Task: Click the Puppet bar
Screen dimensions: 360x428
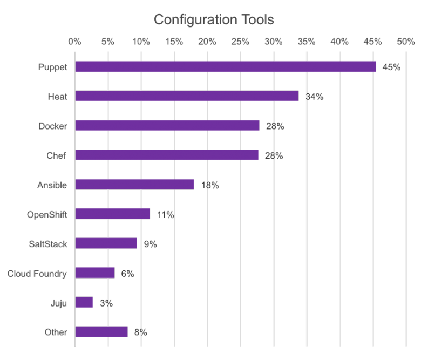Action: tap(226, 67)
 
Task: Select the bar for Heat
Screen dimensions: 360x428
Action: tap(187, 96)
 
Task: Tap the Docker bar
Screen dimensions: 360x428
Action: tap(167, 126)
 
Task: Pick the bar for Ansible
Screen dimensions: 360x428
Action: tap(134, 185)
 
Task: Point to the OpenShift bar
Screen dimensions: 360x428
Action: tap(112, 214)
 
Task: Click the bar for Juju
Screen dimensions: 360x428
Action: tap(84, 302)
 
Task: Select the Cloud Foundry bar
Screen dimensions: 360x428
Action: tap(95, 273)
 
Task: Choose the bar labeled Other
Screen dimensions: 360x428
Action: tap(101, 331)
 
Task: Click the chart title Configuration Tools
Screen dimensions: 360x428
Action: tap(214, 20)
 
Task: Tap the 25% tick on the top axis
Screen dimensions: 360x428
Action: tap(240, 41)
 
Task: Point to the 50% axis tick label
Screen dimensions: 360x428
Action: tap(405, 41)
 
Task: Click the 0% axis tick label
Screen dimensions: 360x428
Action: tap(75, 41)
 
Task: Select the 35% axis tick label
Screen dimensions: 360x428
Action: tap(307, 41)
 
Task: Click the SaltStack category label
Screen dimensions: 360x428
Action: tap(47, 244)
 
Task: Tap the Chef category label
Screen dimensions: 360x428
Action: tap(56, 155)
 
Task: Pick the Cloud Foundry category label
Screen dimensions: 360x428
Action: tap(37, 274)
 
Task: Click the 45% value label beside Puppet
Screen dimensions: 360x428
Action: tap(391, 67)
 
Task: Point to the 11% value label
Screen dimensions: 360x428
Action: tap(165, 215)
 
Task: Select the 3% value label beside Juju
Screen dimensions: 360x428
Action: tap(106, 303)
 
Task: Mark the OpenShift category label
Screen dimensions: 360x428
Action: tap(47, 214)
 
